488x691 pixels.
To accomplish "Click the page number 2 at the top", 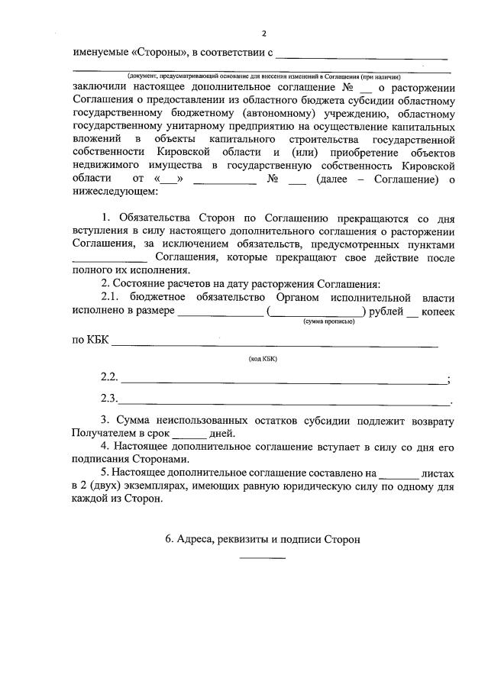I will [264, 34].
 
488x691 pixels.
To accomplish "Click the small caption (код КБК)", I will [263, 358].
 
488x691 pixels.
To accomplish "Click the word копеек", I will [438, 312].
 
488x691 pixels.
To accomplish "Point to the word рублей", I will [385, 312].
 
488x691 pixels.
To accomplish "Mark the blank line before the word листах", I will [399, 473].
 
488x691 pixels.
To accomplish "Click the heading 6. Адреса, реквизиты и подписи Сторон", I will [262, 538].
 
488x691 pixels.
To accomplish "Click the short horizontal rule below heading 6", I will [262, 557].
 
